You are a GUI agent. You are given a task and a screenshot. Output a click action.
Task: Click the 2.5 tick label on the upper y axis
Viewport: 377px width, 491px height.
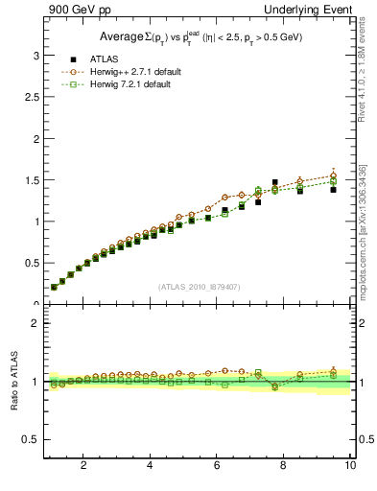click(32, 97)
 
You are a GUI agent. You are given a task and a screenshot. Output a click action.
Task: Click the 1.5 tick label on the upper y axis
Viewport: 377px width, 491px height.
click(32, 180)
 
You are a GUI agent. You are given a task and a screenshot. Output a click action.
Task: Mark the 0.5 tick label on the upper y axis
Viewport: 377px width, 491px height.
click(32, 263)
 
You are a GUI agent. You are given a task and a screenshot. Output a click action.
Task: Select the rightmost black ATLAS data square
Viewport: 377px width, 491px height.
click(333, 190)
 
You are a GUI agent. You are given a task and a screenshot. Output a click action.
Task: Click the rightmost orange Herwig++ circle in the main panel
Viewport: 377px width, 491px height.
click(333, 175)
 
